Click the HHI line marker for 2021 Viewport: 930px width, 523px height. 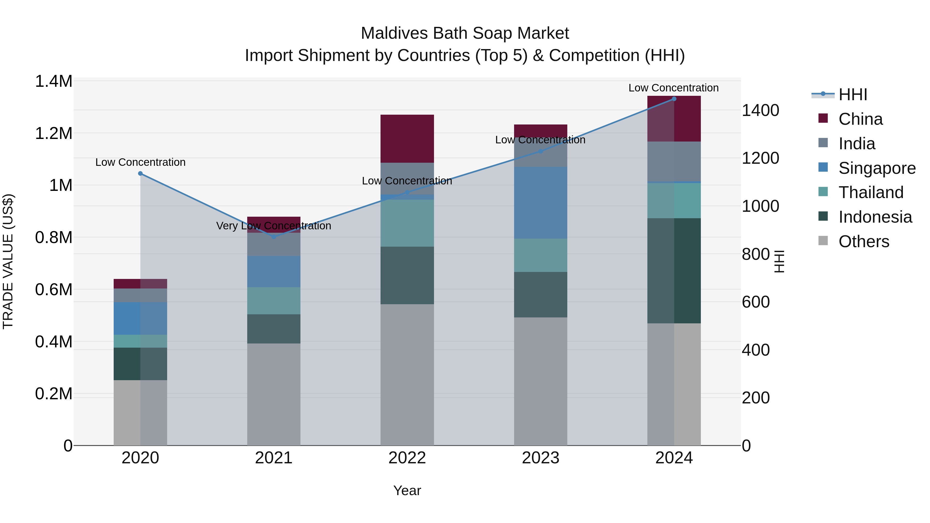(274, 237)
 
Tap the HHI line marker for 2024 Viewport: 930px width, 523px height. (674, 99)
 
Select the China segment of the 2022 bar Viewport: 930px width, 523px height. (407, 139)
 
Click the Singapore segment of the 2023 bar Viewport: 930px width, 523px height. (540, 202)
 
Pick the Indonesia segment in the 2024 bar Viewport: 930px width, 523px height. (674, 271)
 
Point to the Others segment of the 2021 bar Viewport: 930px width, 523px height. (274, 394)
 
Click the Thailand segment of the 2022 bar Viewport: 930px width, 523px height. (407, 223)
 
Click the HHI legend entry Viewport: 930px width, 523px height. (853, 95)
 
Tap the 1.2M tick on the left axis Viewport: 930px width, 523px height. (53, 134)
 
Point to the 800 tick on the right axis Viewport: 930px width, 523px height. (755, 254)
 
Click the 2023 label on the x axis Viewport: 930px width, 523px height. (540, 458)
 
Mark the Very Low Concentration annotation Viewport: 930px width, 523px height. (273, 226)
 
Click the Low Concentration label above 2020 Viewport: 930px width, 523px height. (141, 162)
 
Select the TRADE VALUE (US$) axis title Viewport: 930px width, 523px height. (8, 261)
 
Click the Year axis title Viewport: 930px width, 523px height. (407, 490)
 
